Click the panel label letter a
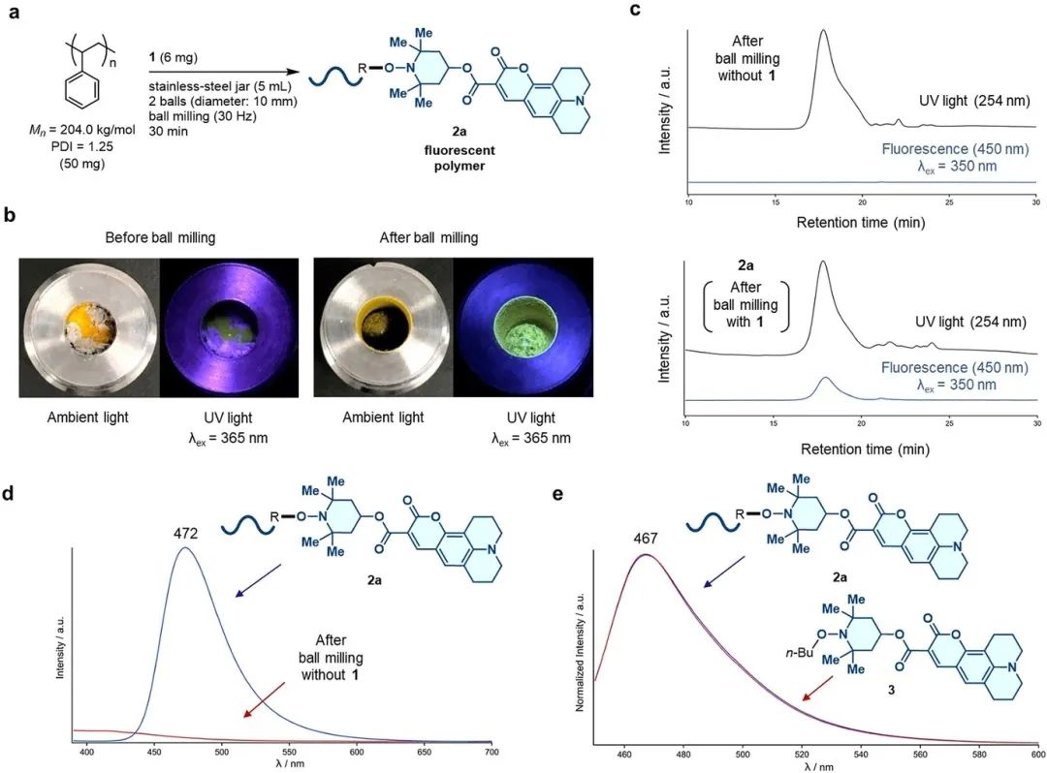click(x=16, y=13)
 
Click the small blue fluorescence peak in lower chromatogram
click(x=825, y=385)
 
